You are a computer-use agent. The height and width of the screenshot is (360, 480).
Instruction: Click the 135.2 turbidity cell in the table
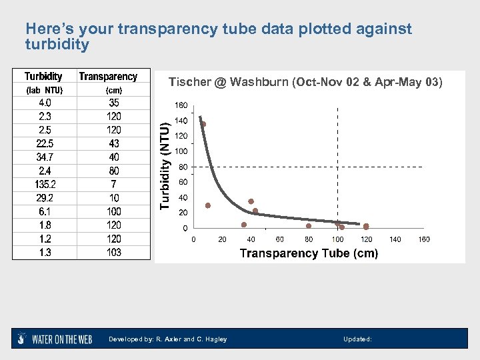(x=45, y=184)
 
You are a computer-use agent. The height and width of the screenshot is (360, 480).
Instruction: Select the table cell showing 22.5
(x=45, y=143)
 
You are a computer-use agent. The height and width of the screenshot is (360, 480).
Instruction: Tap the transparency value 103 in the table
(x=113, y=252)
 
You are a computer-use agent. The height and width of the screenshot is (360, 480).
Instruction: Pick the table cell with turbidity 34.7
(x=45, y=157)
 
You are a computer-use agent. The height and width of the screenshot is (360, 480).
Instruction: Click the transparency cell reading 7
(x=113, y=184)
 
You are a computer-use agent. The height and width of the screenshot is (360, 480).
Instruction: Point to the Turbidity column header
(x=44, y=77)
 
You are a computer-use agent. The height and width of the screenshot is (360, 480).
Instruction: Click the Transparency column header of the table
(x=108, y=77)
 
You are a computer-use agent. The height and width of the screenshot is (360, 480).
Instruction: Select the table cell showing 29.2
(x=45, y=198)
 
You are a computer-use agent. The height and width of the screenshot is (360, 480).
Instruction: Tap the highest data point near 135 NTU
(x=203, y=124)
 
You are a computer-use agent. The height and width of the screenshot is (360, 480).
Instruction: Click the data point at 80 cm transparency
(x=309, y=226)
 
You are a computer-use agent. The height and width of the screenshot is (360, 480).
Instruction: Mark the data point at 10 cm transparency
(x=208, y=205)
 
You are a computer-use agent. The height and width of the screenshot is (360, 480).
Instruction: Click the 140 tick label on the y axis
(x=181, y=121)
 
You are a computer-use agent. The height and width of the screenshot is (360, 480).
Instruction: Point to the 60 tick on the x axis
(x=280, y=239)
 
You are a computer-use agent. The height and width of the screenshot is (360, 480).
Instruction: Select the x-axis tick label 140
(x=395, y=239)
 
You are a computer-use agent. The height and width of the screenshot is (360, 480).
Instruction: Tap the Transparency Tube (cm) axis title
(x=309, y=253)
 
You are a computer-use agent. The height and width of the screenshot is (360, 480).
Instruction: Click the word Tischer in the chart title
(x=188, y=82)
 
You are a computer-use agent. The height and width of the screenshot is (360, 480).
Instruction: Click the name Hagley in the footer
(x=215, y=339)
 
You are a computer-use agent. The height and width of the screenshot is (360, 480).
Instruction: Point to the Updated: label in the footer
(x=357, y=339)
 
